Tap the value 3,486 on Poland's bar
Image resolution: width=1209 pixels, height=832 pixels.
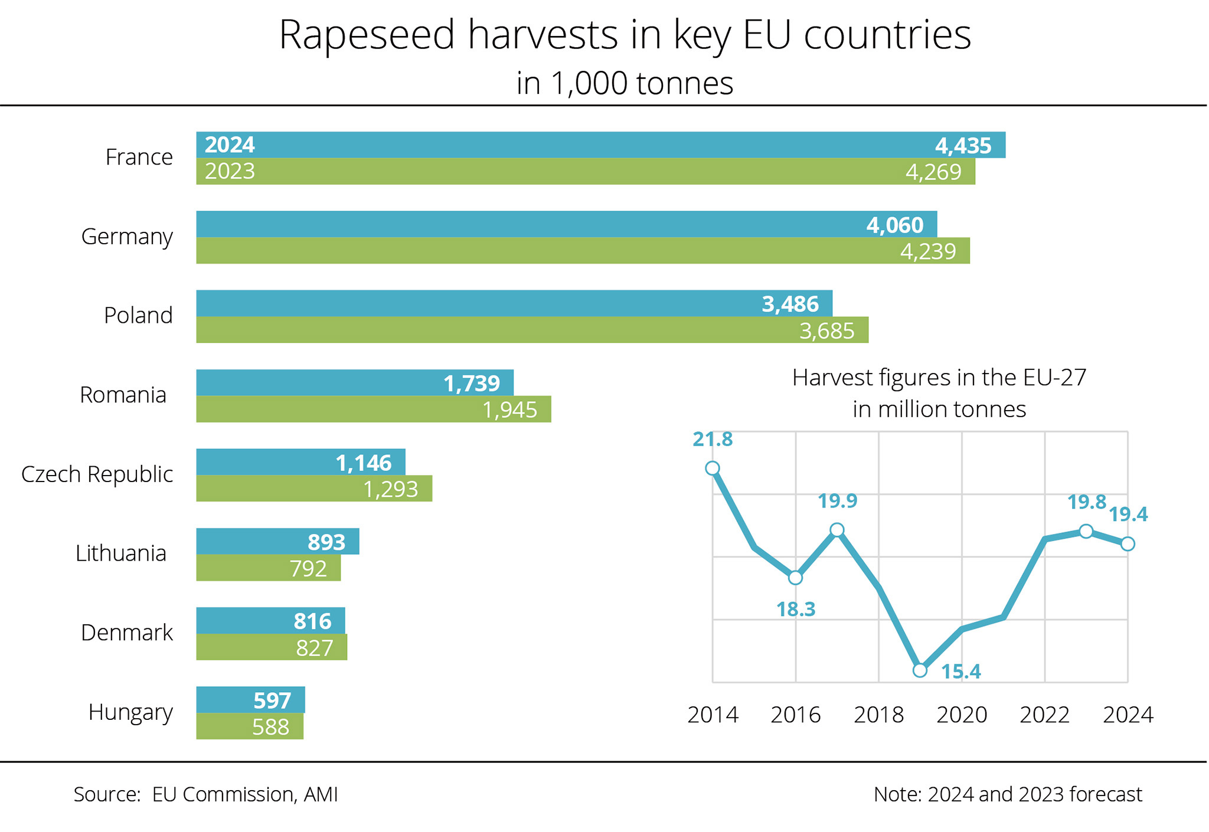[790, 304]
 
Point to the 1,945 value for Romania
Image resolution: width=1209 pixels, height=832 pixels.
[509, 410]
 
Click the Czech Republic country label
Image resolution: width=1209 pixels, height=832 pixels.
[97, 474]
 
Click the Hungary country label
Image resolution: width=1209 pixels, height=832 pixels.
[130, 712]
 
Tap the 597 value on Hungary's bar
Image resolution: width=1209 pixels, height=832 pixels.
[272, 700]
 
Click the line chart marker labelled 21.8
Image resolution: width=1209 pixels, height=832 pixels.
[713, 469]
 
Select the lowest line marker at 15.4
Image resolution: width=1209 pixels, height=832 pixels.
[920, 670]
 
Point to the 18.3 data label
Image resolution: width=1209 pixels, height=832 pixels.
[796, 609]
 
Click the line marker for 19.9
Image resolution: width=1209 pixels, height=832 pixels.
[837, 530]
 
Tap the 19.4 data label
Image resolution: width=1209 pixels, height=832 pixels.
[1128, 515]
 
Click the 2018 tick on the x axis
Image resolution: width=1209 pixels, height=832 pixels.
[878, 715]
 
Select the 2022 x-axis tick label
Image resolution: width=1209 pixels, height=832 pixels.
[1044, 715]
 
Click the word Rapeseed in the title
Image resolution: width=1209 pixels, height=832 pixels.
[367, 35]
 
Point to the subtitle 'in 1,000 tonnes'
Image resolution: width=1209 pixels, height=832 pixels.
[625, 83]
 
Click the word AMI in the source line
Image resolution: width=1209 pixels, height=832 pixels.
[321, 795]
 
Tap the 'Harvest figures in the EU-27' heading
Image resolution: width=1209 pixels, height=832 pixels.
[939, 378]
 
